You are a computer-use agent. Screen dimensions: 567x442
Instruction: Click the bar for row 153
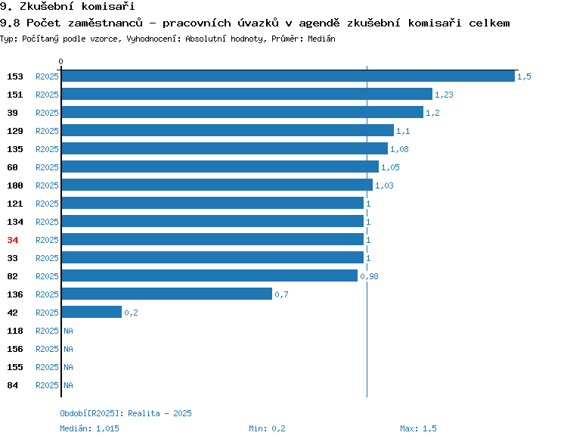(x=288, y=76)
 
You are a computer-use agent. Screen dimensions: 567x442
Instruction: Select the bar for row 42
(x=91, y=312)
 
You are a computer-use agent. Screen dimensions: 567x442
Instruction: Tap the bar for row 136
(x=167, y=294)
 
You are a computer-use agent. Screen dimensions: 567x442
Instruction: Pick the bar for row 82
(x=209, y=275)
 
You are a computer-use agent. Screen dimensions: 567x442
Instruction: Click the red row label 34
(x=13, y=240)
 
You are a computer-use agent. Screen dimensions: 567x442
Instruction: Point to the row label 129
(x=15, y=131)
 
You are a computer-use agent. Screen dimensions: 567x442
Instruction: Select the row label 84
(x=13, y=385)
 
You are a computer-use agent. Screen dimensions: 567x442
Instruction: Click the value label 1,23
(x=444, y=95)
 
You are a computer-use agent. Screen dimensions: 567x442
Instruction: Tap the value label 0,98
(x=369, y=276)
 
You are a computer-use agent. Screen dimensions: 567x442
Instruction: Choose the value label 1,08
(x=399, y=149)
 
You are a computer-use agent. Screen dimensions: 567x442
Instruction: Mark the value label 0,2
(x=131, y=313)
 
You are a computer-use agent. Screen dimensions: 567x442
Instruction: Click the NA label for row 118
(x=68, y=331)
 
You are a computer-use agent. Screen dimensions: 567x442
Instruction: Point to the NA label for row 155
(x=68, y=367)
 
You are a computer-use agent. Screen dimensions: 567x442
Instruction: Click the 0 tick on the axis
(x=60, y=61)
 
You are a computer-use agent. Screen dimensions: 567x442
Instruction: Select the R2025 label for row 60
(x=47, y=167)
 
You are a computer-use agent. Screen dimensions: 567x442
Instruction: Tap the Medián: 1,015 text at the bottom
(x=89, y=428)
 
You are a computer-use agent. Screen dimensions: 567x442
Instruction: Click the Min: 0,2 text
(x=267, y=428)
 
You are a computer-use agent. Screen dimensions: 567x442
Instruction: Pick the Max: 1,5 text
(x=418, y=428)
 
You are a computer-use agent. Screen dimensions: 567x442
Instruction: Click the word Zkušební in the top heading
(x=47, y=6)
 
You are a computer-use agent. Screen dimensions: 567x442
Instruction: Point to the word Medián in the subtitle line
(x=321, y=39)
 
